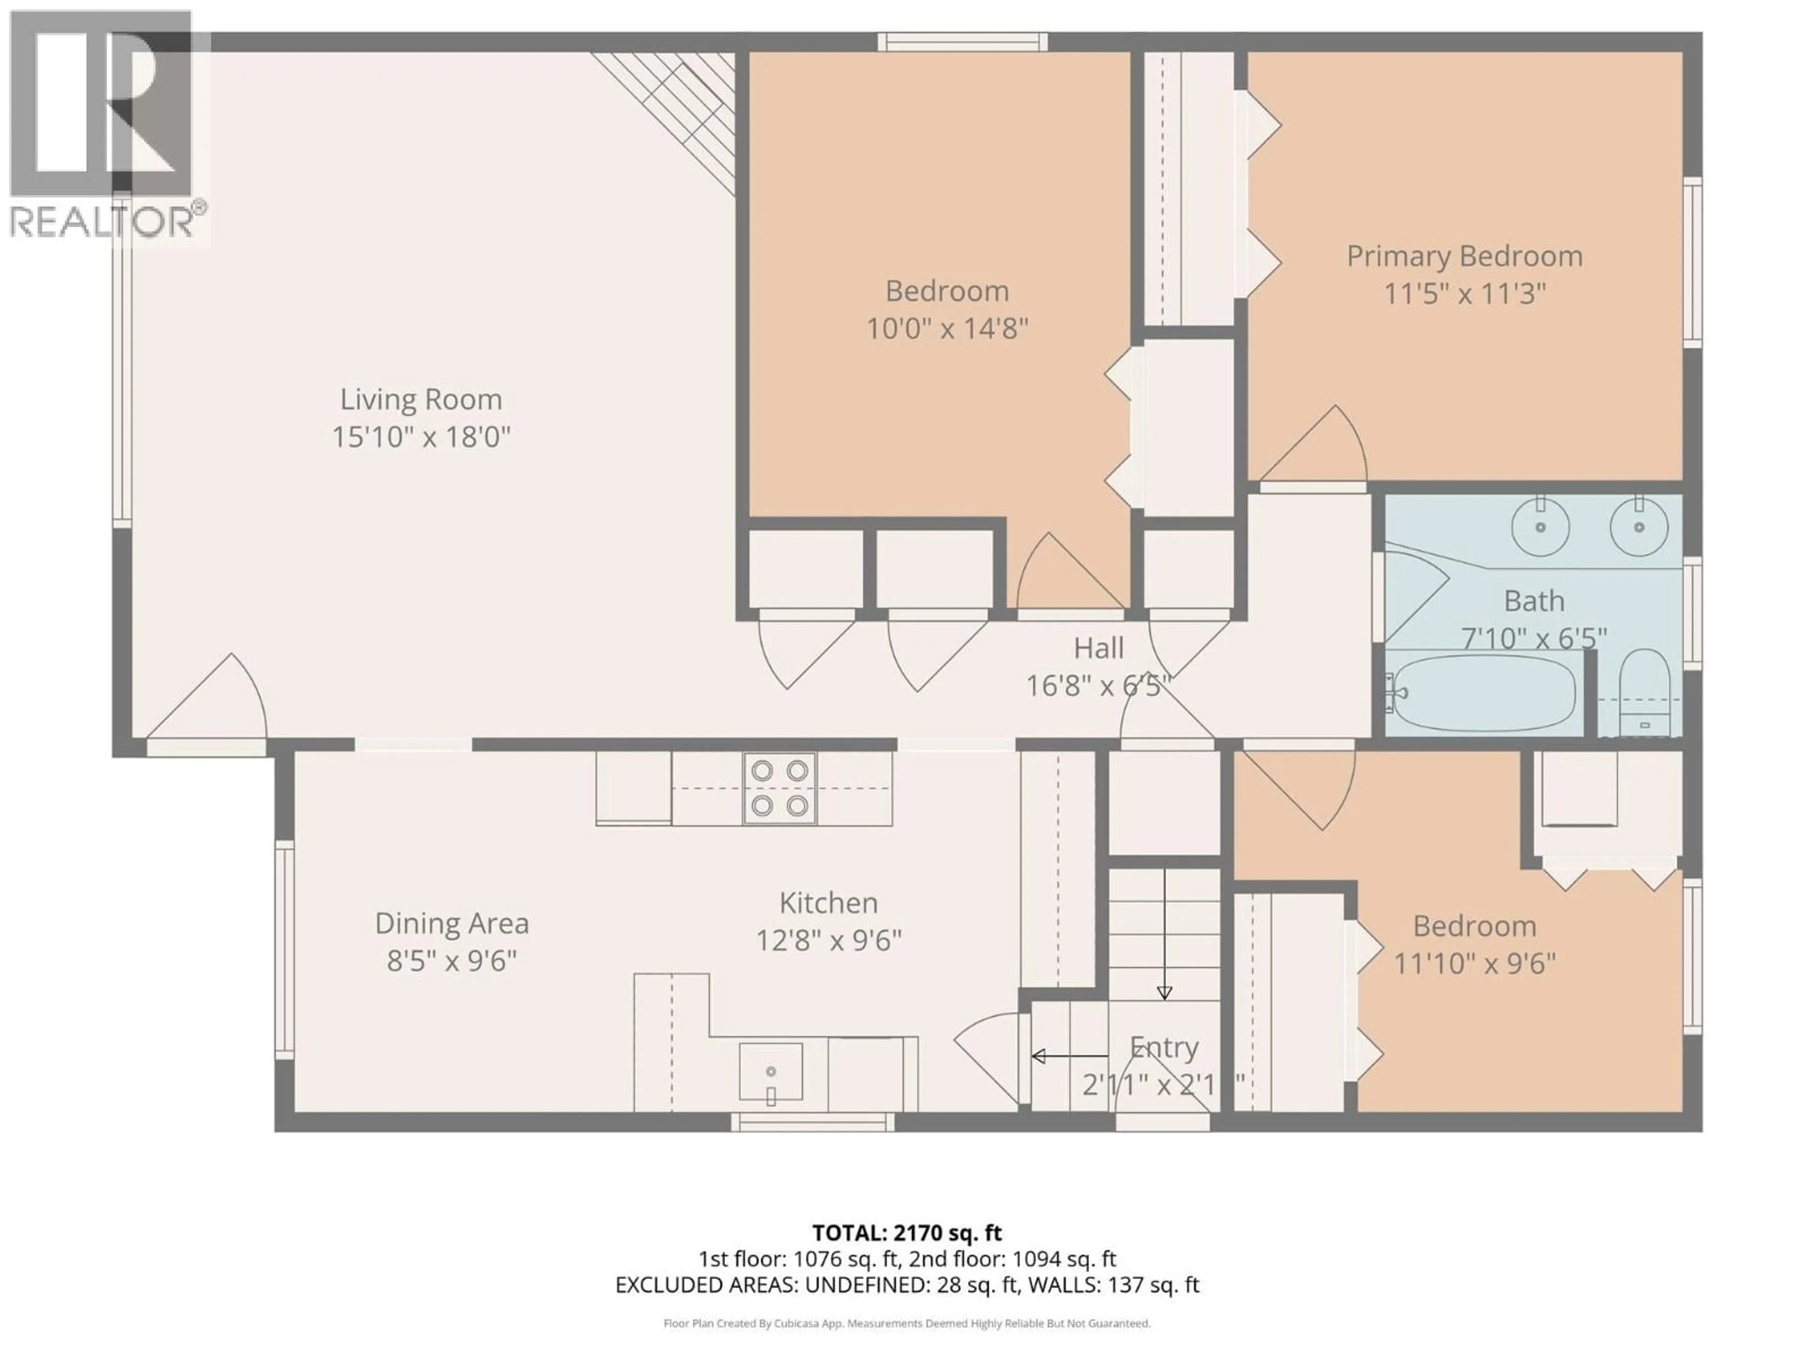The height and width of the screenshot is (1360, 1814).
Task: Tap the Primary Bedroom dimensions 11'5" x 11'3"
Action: [1464, 293]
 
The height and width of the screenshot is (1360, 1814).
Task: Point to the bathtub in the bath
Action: [1484, 694]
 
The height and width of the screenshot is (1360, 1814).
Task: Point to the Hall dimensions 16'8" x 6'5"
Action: [1097, 685]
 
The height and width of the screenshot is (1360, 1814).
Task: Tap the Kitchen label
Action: [828, 902]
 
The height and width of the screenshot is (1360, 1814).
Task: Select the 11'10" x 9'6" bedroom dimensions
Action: [1474, 963]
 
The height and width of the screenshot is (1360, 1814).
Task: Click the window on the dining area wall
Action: [284, 949]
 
